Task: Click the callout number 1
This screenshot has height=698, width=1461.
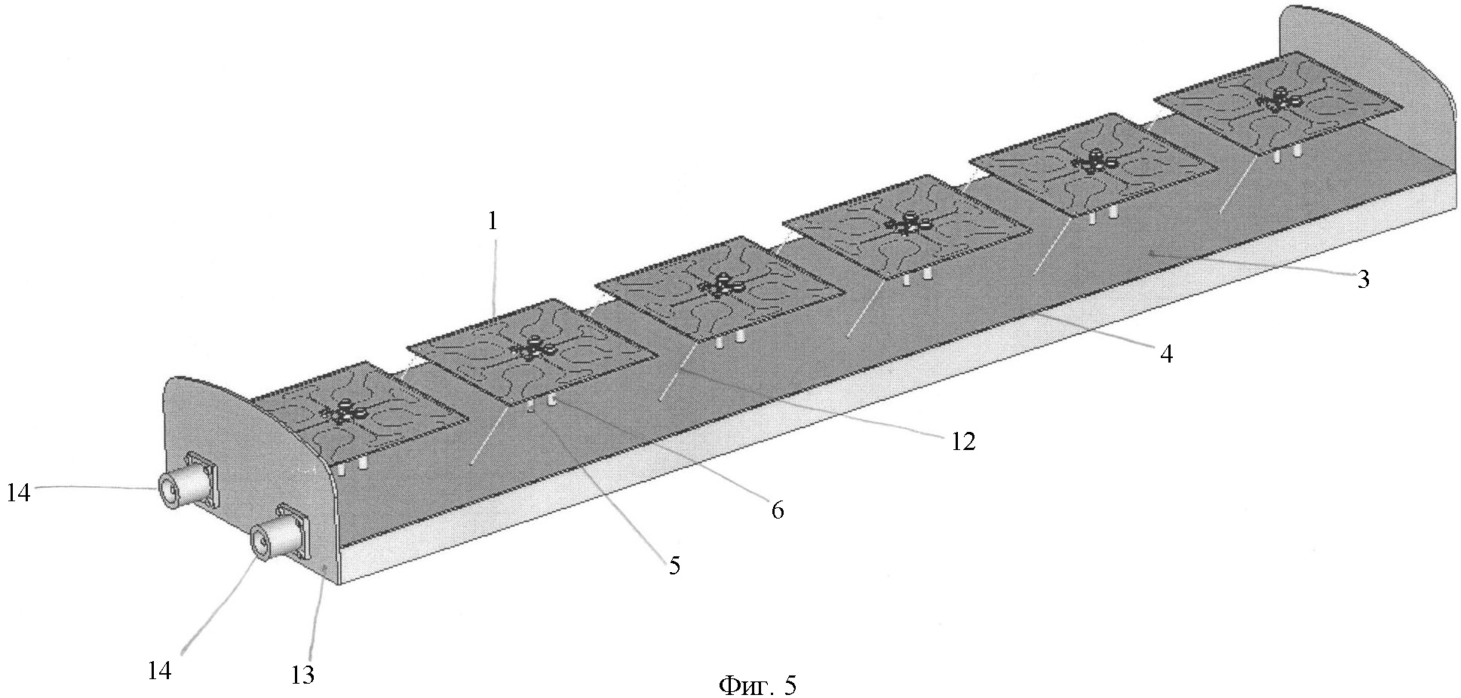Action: pos(493,222)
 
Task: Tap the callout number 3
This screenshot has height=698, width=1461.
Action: pos(1362,280)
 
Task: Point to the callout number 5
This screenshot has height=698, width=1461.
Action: pos(674,565)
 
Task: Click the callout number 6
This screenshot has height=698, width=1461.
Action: pos(777,510)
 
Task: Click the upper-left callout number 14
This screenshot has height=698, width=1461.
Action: pos(19,494)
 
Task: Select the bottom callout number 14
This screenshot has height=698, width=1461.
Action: pos(159,669)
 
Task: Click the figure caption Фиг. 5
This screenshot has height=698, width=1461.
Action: pos(757,685)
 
